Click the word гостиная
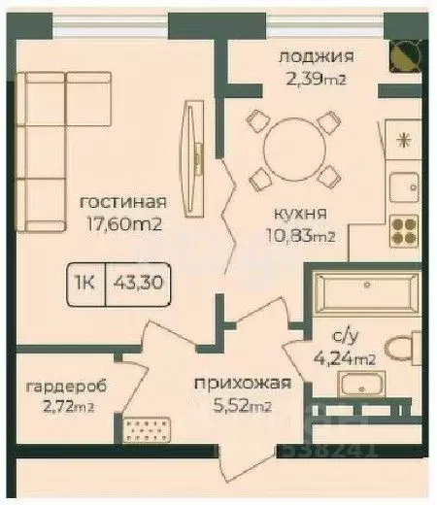pyautogui.click(x=122, y=203)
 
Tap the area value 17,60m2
pyautogui.click(x=121, y=224)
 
